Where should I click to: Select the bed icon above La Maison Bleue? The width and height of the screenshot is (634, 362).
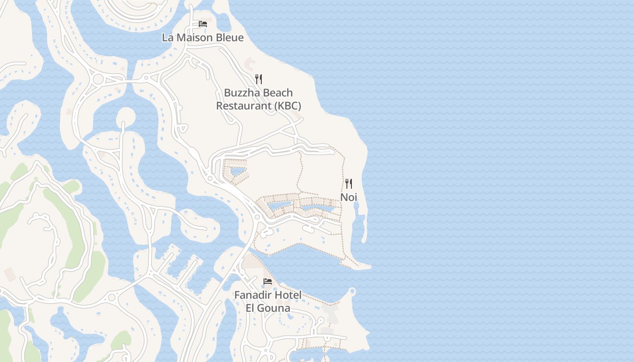point(203,24)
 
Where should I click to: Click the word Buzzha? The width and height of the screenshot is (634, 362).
point(242,93)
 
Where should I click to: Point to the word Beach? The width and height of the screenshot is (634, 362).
point(278,93)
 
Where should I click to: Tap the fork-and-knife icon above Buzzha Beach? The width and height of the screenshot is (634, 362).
point(259,79)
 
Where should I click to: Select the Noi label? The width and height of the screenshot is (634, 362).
point(349,197)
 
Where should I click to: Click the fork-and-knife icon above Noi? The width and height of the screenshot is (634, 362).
point(349,184)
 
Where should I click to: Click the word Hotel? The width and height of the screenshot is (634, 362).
point(288,295)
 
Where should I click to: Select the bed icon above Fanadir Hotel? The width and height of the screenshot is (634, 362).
point(268,281)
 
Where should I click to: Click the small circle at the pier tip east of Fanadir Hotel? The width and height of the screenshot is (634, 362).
point(352,291)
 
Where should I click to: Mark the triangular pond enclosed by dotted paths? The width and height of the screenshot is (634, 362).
point(238,172)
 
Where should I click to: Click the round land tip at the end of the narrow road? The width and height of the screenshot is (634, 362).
point(126,117)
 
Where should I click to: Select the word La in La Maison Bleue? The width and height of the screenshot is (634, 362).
point(168,38)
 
